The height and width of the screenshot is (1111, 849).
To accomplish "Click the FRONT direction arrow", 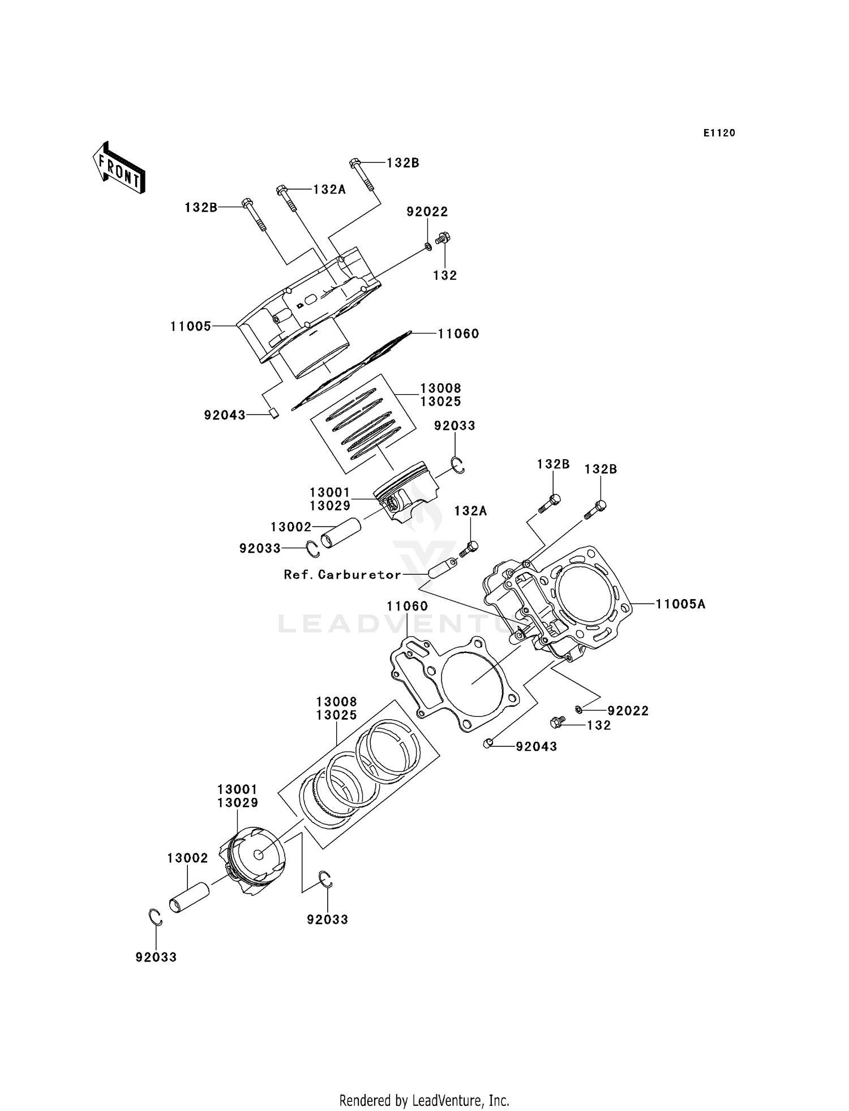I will coord(119,168).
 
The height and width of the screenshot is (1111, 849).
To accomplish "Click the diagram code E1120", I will coord(719,133).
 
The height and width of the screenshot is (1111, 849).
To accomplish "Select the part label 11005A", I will coord(680,604).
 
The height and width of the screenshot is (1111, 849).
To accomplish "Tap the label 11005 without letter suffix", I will coord(191,327).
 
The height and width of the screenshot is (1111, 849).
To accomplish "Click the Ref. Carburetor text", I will coord(342,575).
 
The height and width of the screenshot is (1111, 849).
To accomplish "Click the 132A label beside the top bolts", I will coord(329,190).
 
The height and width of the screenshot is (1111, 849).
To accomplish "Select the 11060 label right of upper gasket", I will coord(458,334).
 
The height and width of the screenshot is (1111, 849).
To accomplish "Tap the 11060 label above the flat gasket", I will coord(407,606).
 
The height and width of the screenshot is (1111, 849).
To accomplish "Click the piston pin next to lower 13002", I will coord(189,898).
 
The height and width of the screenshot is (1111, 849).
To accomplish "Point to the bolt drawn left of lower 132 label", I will coord(557,722).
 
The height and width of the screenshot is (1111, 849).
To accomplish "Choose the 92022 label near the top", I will coord(427,212).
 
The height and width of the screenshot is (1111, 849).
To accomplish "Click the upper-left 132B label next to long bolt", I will coord(201,208).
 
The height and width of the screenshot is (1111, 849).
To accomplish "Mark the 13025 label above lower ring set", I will coord(337,715).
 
